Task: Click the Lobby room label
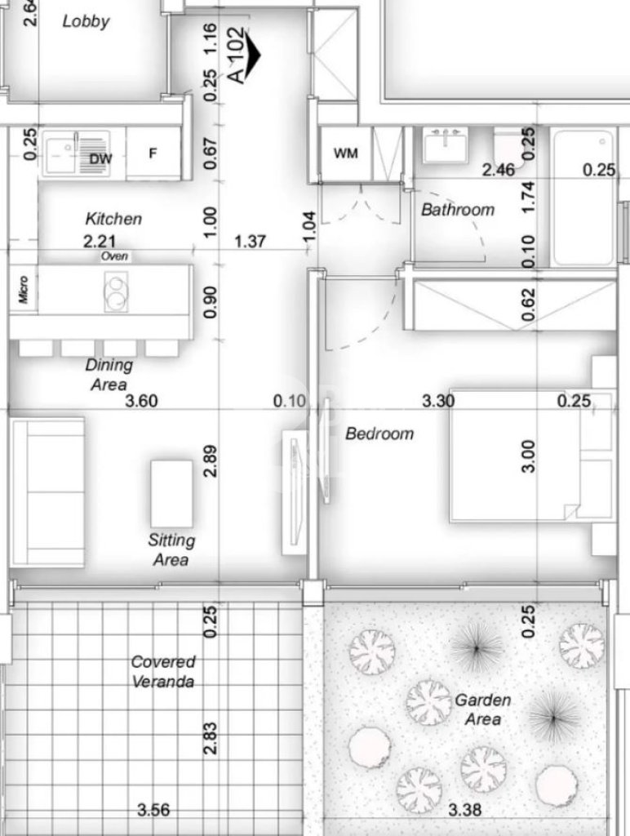click(x=86, y=21)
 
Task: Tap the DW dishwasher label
click(x=100, y=158)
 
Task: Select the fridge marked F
click(x=153, y=153)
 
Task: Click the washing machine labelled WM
click(x=345, y=153)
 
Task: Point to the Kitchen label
click(x=113, y=219)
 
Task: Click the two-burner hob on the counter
click(x=116, y=291)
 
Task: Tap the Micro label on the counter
click(x=23, y=290)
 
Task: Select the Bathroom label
click(x=458, y=210)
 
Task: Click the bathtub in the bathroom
click(x=583, y=198)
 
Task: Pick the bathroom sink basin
click(x=445, y=145)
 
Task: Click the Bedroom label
click(x=379, y=434)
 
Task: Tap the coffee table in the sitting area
click(x=171, y=494)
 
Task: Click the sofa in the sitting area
click(x=47, y=492)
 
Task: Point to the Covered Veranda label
click(x=163, y=672)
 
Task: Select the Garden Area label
click(x=483, y=709)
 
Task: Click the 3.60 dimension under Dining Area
click(x=141, y=401)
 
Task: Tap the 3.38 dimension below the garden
click(x=465, y=811)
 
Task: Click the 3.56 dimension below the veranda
click(x=153, y=811)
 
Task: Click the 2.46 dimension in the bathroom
click(x=499, y=170)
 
